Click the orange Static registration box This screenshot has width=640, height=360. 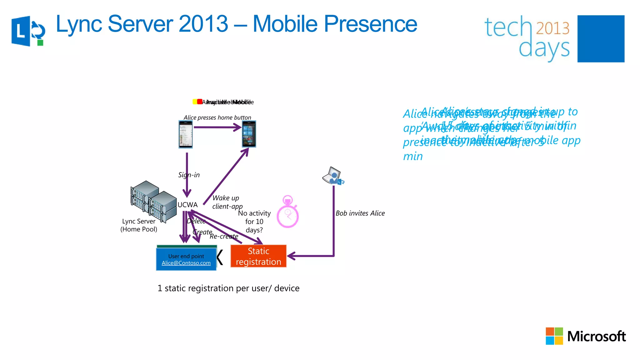click(x=258, y=256)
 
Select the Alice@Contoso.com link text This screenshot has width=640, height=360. click(x=186, y=263)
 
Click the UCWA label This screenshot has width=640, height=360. click(x=187, y=205)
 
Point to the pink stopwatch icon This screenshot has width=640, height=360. click(x=287, y=212)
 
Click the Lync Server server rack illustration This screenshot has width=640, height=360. click(x=153, y=201)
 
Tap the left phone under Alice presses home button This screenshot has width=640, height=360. click(x=186, y=134)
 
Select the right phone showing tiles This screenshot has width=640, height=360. click(x=249, y=134)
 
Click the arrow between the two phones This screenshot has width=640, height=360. click(x=217, y=127)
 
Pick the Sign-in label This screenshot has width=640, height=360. click(x=189, y=175)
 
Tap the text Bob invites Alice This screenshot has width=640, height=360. click(x=360, y=213)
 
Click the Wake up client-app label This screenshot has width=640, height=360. click(x=227, y=202)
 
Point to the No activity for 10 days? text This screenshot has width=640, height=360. click(x=254, y=222)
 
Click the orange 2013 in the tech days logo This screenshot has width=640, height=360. click(x=552, y=28)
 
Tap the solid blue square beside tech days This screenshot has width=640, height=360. click(x=601, y=39)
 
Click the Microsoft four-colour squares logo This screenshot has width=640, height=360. click(x=554, y=336)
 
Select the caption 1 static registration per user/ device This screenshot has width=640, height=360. click(x=228, y=288)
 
